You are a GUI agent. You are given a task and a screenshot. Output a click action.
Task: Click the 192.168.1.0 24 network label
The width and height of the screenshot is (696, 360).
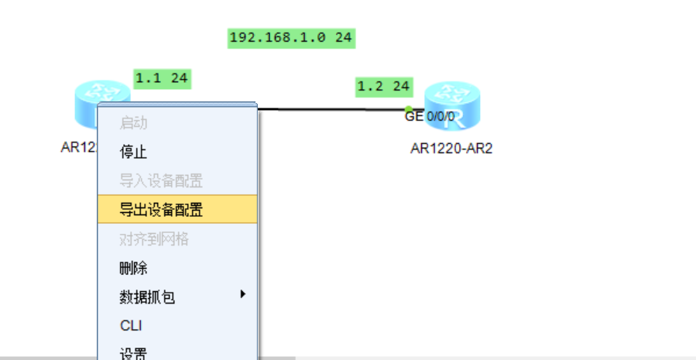coord(291,37)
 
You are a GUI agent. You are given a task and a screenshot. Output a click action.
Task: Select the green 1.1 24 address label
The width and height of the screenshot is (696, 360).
coord(162,78)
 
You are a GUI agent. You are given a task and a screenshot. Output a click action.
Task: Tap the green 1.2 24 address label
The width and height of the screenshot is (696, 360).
coord(383,87)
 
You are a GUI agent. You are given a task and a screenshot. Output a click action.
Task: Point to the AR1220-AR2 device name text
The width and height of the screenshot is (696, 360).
coord(451,149)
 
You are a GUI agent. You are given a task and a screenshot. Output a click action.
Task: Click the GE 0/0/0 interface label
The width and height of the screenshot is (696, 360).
coord(430,117)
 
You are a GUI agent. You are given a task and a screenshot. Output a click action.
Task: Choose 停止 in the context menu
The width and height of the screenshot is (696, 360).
coord(133,152)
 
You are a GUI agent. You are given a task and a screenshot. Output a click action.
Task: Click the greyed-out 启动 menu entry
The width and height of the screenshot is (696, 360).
coord(133,122)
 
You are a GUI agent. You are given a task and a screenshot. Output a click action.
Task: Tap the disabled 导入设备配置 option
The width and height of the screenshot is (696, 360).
coord(161,181)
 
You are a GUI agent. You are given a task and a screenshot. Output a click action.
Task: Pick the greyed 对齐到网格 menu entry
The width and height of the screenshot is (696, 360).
coord(154,239)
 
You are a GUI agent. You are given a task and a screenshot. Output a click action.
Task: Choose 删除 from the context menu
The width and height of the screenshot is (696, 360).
coord(133,269)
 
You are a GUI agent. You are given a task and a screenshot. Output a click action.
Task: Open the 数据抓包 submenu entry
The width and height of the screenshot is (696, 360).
coord(147,297)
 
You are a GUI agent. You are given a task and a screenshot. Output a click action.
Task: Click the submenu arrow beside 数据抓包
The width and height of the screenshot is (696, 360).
coord(243,293)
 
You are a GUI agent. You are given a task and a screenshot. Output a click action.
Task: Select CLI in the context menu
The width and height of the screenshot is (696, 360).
coord(131,326)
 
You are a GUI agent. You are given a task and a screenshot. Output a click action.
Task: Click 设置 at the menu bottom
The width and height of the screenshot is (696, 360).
coord(133,354)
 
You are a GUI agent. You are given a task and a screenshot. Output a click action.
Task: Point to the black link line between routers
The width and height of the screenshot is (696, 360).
coord(333,109)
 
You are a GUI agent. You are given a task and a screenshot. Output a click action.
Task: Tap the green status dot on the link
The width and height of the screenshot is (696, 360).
coord(409,109)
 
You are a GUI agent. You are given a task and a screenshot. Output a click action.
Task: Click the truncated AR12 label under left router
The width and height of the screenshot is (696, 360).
coord(78,148)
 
